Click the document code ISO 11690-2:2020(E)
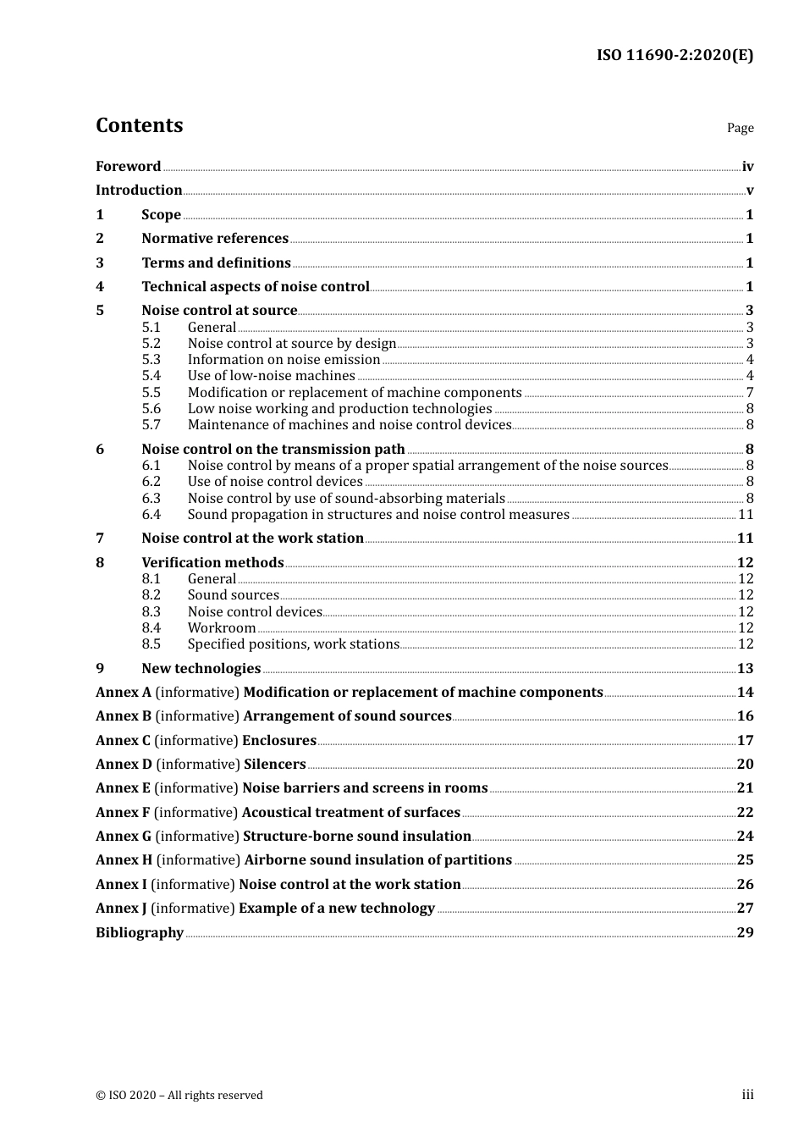675,55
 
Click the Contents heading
139,125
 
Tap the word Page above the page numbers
740,128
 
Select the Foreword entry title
128,167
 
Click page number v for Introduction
749,191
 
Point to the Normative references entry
215,239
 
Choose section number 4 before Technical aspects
100,287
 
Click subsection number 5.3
151,360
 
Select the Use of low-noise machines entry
271,376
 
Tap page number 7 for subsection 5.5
749,393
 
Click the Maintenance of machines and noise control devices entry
350,425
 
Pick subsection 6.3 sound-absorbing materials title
346,499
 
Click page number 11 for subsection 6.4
746,515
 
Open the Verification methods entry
212,563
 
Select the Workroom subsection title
222,628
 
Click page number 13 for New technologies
745,669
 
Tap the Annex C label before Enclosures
123,741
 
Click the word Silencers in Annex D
274,765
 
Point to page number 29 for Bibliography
745,933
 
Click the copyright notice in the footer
179,1096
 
